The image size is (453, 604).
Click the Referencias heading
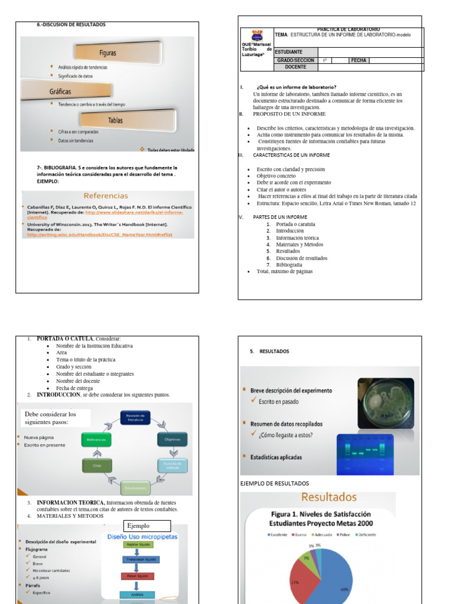click(x=106, y=195)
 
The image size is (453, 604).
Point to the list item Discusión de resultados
click(x=301, y=258)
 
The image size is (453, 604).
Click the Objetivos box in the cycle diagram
click(x=172, y=439)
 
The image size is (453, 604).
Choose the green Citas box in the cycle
click(x=96, y=465)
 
